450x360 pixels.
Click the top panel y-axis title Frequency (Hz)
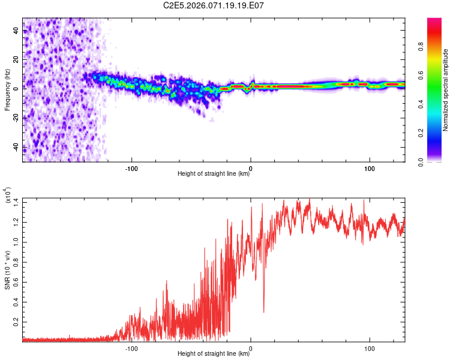pyautogui.click(x=8, y=90)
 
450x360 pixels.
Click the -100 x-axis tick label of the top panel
pyautogui.click(x=132, y=168)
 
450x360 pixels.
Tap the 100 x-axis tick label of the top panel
pyautogui.click(x=370, y=168)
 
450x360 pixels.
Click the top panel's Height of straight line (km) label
pyautogui.click(x=214, y=175)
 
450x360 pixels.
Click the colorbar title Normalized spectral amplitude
pyautogui.click(x=446, y=90)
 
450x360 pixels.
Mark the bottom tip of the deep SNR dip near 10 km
pyautogui.click(x=263, y=312)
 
